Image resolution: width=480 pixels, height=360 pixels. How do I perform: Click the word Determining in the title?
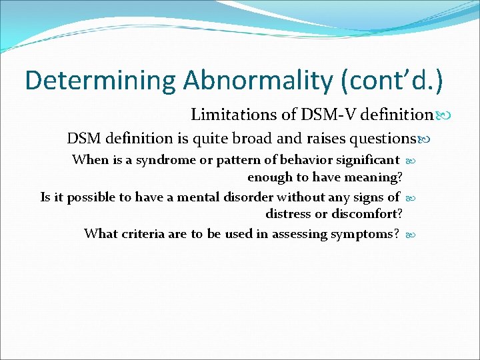(101, 80)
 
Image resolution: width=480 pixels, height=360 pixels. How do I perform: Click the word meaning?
(373, 177)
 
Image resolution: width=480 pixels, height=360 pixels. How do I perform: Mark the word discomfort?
(367, 214)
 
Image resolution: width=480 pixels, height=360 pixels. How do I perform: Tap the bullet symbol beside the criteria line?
(410, 234)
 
